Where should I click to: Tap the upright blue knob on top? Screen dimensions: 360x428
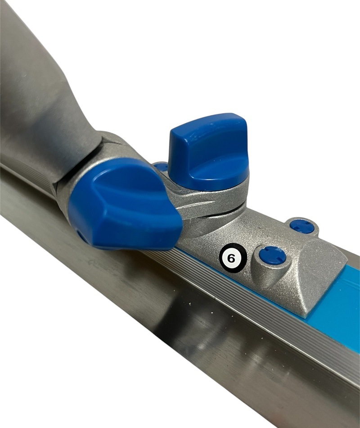[209, 153]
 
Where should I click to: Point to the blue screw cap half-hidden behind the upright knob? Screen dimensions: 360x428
[161, 166]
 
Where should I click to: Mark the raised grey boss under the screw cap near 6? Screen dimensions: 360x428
[269, 269]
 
